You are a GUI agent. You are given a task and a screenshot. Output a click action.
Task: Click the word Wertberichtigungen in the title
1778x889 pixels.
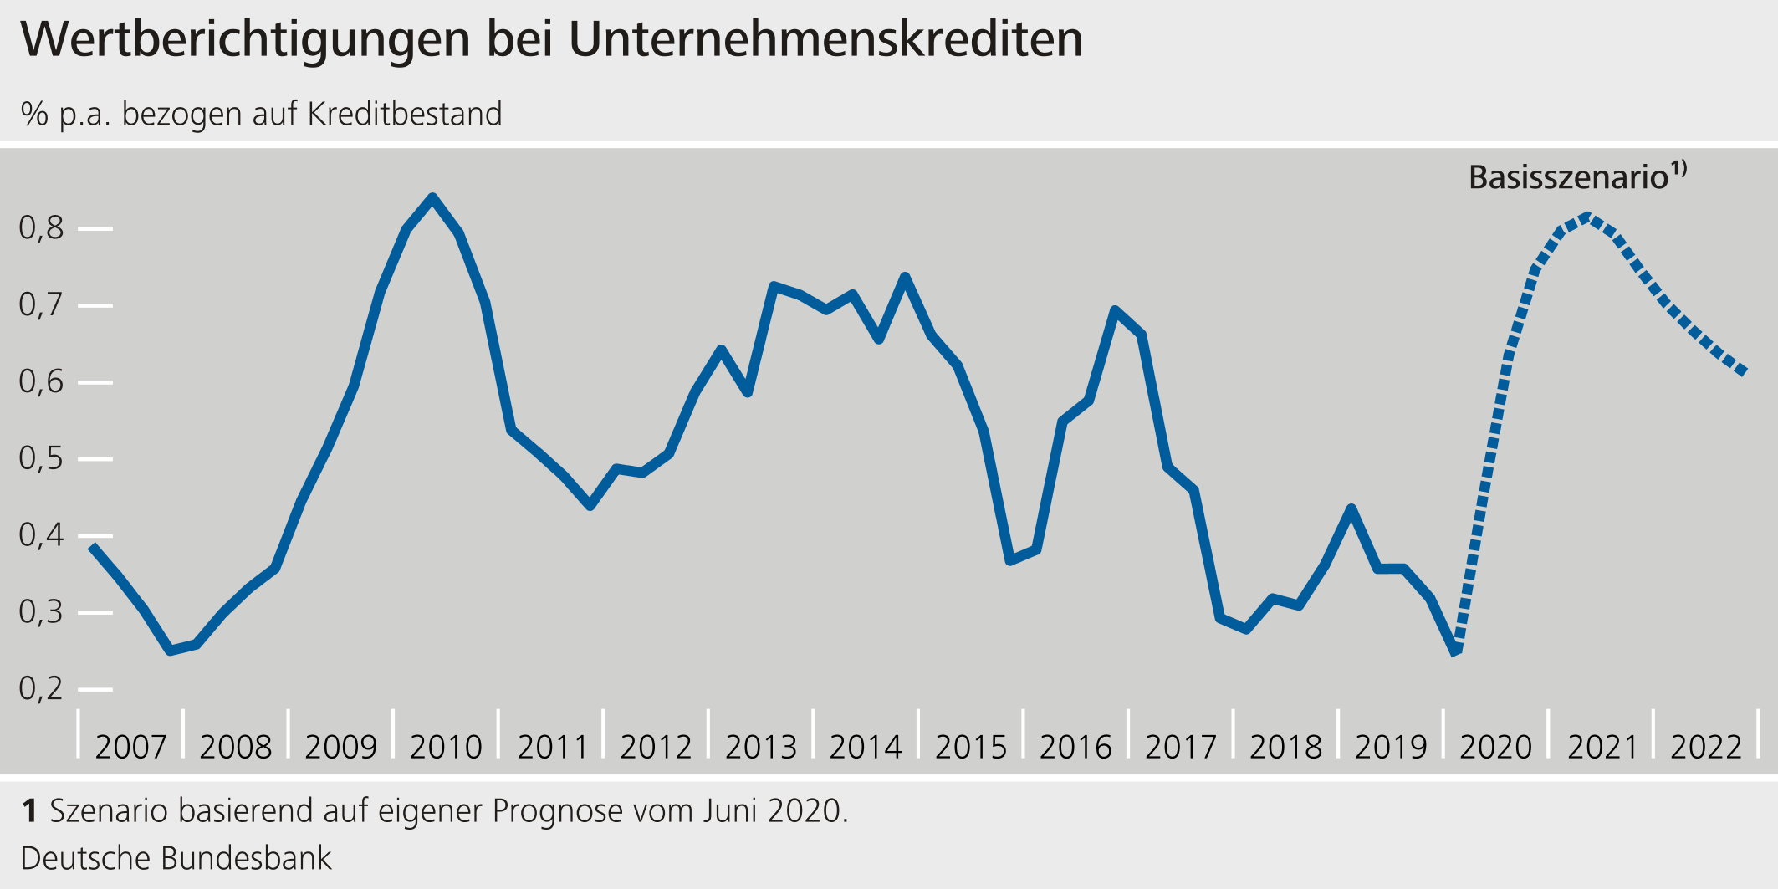245,39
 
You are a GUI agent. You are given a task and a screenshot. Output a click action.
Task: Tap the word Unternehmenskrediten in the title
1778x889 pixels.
825,39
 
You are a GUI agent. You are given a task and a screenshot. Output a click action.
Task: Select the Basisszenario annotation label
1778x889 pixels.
1568,177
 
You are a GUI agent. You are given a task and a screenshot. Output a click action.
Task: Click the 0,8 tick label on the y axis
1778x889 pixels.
41,227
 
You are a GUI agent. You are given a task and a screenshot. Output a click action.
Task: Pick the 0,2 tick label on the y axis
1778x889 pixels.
41,688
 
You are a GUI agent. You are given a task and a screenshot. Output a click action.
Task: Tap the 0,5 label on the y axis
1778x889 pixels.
41,458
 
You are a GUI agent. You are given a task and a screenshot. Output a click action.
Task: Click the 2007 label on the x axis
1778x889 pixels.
130,747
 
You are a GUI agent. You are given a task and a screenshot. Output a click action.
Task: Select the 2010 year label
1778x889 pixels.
446,747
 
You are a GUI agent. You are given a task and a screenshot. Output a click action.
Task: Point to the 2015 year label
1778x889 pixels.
971,747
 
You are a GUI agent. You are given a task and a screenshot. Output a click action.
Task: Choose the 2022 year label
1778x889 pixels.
1706,747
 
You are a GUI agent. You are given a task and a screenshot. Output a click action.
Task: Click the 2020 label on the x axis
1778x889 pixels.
1495,747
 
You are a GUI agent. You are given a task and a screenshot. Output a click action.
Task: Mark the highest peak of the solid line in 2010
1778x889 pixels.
432,198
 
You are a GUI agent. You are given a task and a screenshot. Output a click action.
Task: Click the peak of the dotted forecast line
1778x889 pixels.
1587,217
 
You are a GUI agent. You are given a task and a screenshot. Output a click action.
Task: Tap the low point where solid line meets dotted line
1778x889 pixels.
1456,651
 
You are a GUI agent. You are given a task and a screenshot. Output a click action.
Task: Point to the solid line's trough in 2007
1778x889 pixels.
171,650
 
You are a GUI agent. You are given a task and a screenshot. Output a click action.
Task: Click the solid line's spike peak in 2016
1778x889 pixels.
1115,310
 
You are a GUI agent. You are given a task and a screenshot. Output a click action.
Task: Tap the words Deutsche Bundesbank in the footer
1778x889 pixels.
176,859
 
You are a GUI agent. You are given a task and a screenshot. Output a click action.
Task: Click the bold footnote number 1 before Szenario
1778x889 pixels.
29,811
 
